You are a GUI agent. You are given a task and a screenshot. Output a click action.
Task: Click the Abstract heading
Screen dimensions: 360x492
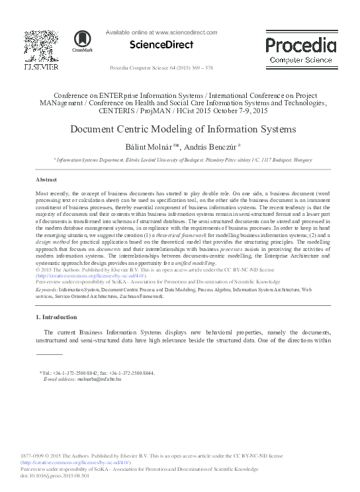tap(46, 180)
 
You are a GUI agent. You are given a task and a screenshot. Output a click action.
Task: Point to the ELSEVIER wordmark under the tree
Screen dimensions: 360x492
tap(40, 67)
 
